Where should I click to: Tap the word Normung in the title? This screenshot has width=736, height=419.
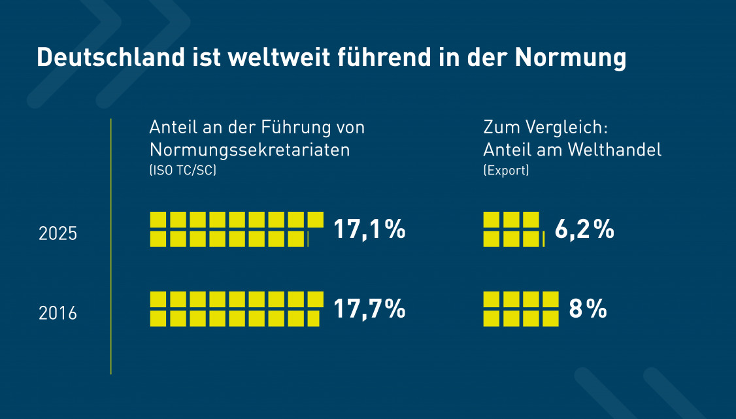click(x=570, y=58)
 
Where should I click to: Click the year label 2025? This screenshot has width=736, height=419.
click(x=58, y=234)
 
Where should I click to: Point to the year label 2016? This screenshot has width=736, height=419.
click(x=58, y=313)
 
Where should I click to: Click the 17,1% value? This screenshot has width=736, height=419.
click(x=369, y=230)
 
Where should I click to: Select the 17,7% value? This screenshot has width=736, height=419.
click(x=369, y=309)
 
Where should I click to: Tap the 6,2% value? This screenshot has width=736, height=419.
click(x=584, y=230)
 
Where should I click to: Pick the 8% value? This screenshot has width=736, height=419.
click(x=588, y=309)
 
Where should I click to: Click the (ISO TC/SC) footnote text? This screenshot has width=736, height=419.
click(x=183, y=171)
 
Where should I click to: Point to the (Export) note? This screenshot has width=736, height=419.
click(x=506, y=171)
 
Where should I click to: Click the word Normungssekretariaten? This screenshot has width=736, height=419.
click(x=250, y=150)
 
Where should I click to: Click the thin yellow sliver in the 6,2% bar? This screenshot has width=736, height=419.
click(x=544, y=239)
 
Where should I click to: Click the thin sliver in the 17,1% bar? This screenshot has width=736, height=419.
click(x=308, y=239)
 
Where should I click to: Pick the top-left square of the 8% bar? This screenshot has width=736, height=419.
click(x=492, y=299)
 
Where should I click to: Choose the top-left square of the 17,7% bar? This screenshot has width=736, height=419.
click(x=158, y=299)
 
